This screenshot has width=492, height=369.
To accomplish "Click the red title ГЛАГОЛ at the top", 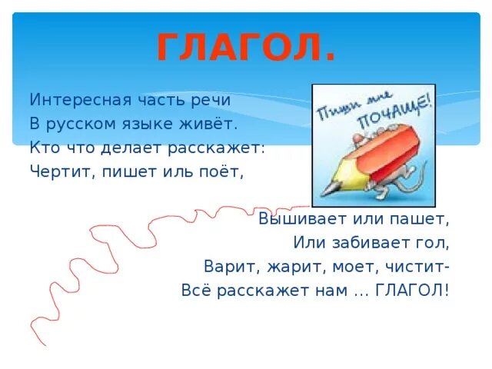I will coord(246,48).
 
